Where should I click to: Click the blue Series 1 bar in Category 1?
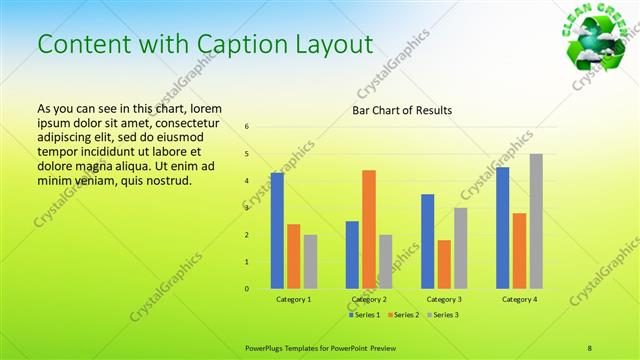click(277, 231)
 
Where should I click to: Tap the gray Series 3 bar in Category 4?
click(536, 221)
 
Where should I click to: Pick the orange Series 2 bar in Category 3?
click(444, 264)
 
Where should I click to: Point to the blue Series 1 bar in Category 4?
click(502, 228)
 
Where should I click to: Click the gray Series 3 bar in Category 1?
click(310, 262)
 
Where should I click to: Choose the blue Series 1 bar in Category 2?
click(352, 255)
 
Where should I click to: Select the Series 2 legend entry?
click(403, 314)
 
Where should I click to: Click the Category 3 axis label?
click(444, 299)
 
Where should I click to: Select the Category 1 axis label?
click(294, 299)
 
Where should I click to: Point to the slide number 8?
click(590, 347)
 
